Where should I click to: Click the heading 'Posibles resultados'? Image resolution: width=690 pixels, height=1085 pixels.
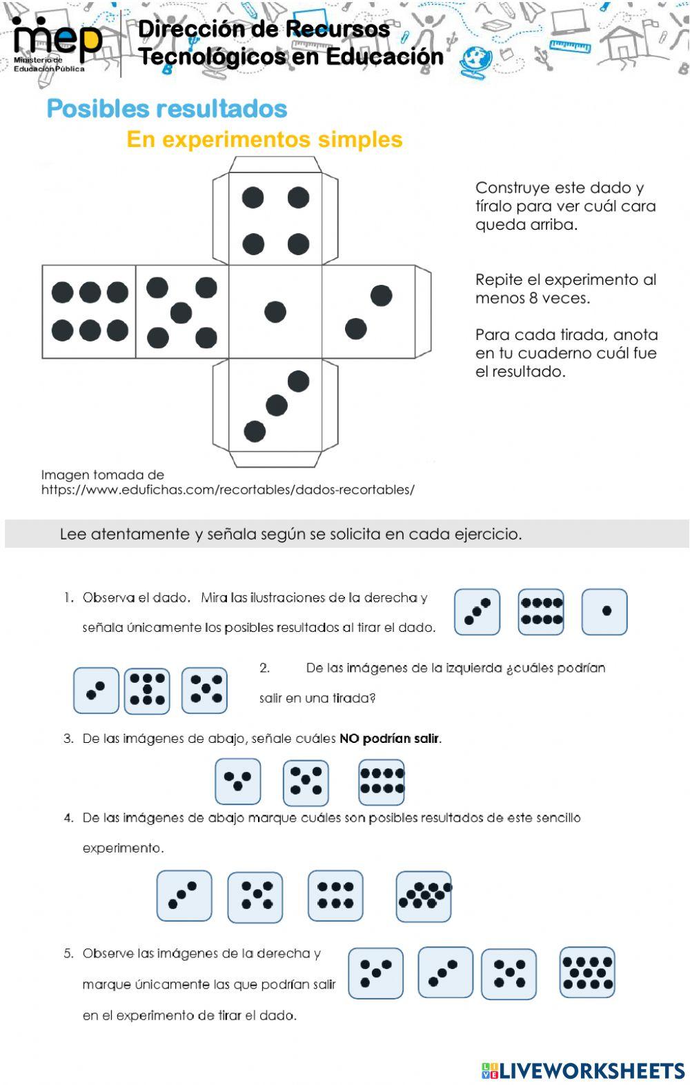(x=167, y=108)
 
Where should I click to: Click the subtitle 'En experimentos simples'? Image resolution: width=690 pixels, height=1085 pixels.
(x=264, y=139)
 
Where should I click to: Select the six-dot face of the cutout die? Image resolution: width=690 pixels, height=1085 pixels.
(x=89, y=312)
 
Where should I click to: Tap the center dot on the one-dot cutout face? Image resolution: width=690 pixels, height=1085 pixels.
(x=275, y=312)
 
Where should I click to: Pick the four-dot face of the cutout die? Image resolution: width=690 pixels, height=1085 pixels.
(x=275, y=220)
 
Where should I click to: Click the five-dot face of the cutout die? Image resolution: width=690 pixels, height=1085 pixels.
(x=182, y=312)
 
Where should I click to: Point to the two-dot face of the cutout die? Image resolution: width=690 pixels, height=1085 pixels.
(x=368, y=312)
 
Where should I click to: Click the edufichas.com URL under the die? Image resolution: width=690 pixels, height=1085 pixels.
(x=228, y=490)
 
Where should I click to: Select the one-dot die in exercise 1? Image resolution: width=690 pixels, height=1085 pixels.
(x=604, y=611)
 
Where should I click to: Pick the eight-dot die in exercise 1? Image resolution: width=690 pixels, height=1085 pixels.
(x=541, y=611)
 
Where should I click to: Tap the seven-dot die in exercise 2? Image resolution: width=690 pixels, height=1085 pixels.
(x=147, y=690)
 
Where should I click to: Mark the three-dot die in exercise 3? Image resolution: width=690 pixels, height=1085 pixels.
(x=238, y=782)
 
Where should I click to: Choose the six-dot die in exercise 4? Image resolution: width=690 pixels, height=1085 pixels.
(x=335, y=895)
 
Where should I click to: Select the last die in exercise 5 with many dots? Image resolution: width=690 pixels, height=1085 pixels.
(x=587, y=973)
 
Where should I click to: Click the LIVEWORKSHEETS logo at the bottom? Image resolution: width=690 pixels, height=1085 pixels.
(x=583, y=1070)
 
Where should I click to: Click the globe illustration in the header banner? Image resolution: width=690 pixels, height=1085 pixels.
(x=475, y=59)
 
